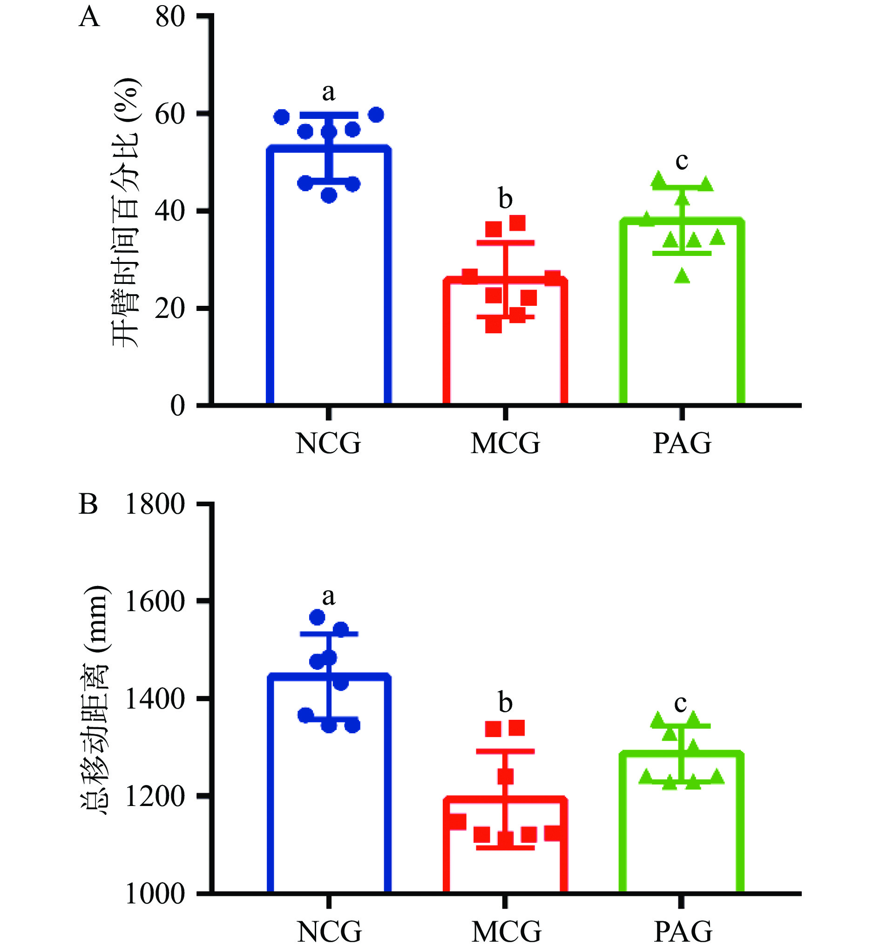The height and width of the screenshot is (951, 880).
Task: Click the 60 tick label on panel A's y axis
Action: (170, 114)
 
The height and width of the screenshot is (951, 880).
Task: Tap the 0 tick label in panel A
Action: (177, 406)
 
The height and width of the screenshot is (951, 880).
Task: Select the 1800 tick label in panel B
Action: (155, 504)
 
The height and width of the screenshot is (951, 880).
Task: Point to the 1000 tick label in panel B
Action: (155, 894)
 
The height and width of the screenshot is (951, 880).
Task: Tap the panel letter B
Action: (88, 504)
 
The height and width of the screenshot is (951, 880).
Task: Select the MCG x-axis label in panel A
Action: (505, 443)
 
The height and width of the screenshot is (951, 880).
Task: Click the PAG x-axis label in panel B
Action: (683, 931)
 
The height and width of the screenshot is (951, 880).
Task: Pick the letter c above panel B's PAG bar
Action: (681, 703)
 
